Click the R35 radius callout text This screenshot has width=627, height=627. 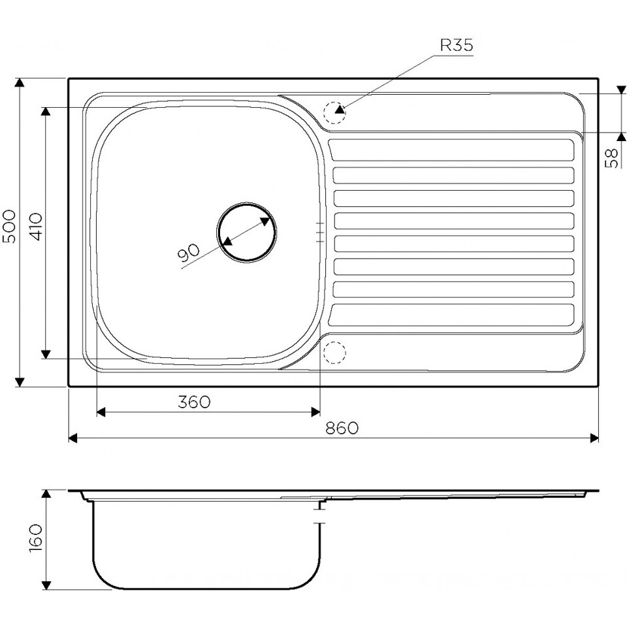pos(457,45)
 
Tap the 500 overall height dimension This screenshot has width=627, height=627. pos(10,227)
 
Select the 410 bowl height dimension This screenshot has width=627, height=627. pos(35,227)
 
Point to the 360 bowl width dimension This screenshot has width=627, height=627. pos(194,402)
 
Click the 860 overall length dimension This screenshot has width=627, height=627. pos(342,428)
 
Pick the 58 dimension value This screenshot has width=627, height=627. pos(612,158)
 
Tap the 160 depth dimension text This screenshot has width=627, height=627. pos(35,538)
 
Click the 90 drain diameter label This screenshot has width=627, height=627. pos(188,253)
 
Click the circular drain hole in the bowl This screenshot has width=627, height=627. pos(247,232)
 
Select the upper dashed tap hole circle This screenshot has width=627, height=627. pos(334,112)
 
